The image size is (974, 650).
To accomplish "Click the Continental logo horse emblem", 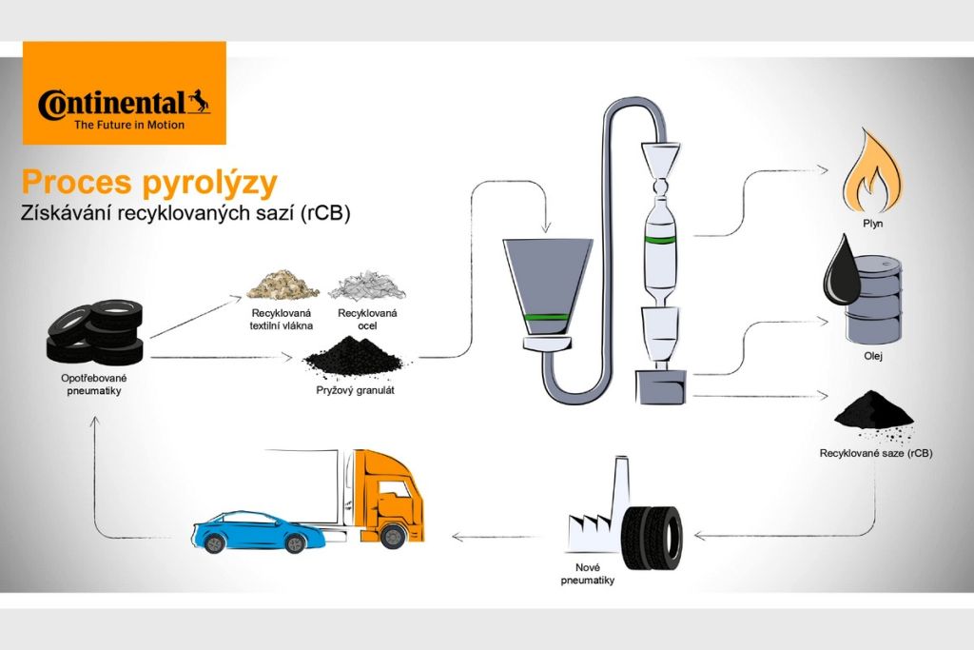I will (x=198, y=101).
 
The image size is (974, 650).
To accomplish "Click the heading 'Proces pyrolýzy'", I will (x=150, y=181).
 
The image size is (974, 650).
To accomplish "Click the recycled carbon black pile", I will (x=872, y=411).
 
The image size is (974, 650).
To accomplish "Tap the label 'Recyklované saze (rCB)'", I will (x=875, y=454).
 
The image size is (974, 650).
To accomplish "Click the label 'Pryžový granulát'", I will (x=354, y=389).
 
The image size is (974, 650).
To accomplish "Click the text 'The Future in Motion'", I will (x=129, y=124).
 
